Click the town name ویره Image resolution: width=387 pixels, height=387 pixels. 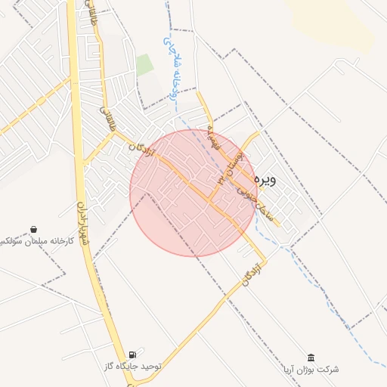tap(268, 181)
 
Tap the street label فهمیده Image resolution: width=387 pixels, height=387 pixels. tap(214, 136)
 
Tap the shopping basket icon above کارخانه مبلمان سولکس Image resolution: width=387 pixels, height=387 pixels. tap(34, 229)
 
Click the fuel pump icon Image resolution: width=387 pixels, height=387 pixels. tap(133, 354)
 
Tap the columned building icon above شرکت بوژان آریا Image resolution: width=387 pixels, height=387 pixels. tap(311, 358)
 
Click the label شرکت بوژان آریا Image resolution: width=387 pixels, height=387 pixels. tap(311, 370)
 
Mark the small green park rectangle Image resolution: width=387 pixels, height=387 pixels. tap(144, 65)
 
